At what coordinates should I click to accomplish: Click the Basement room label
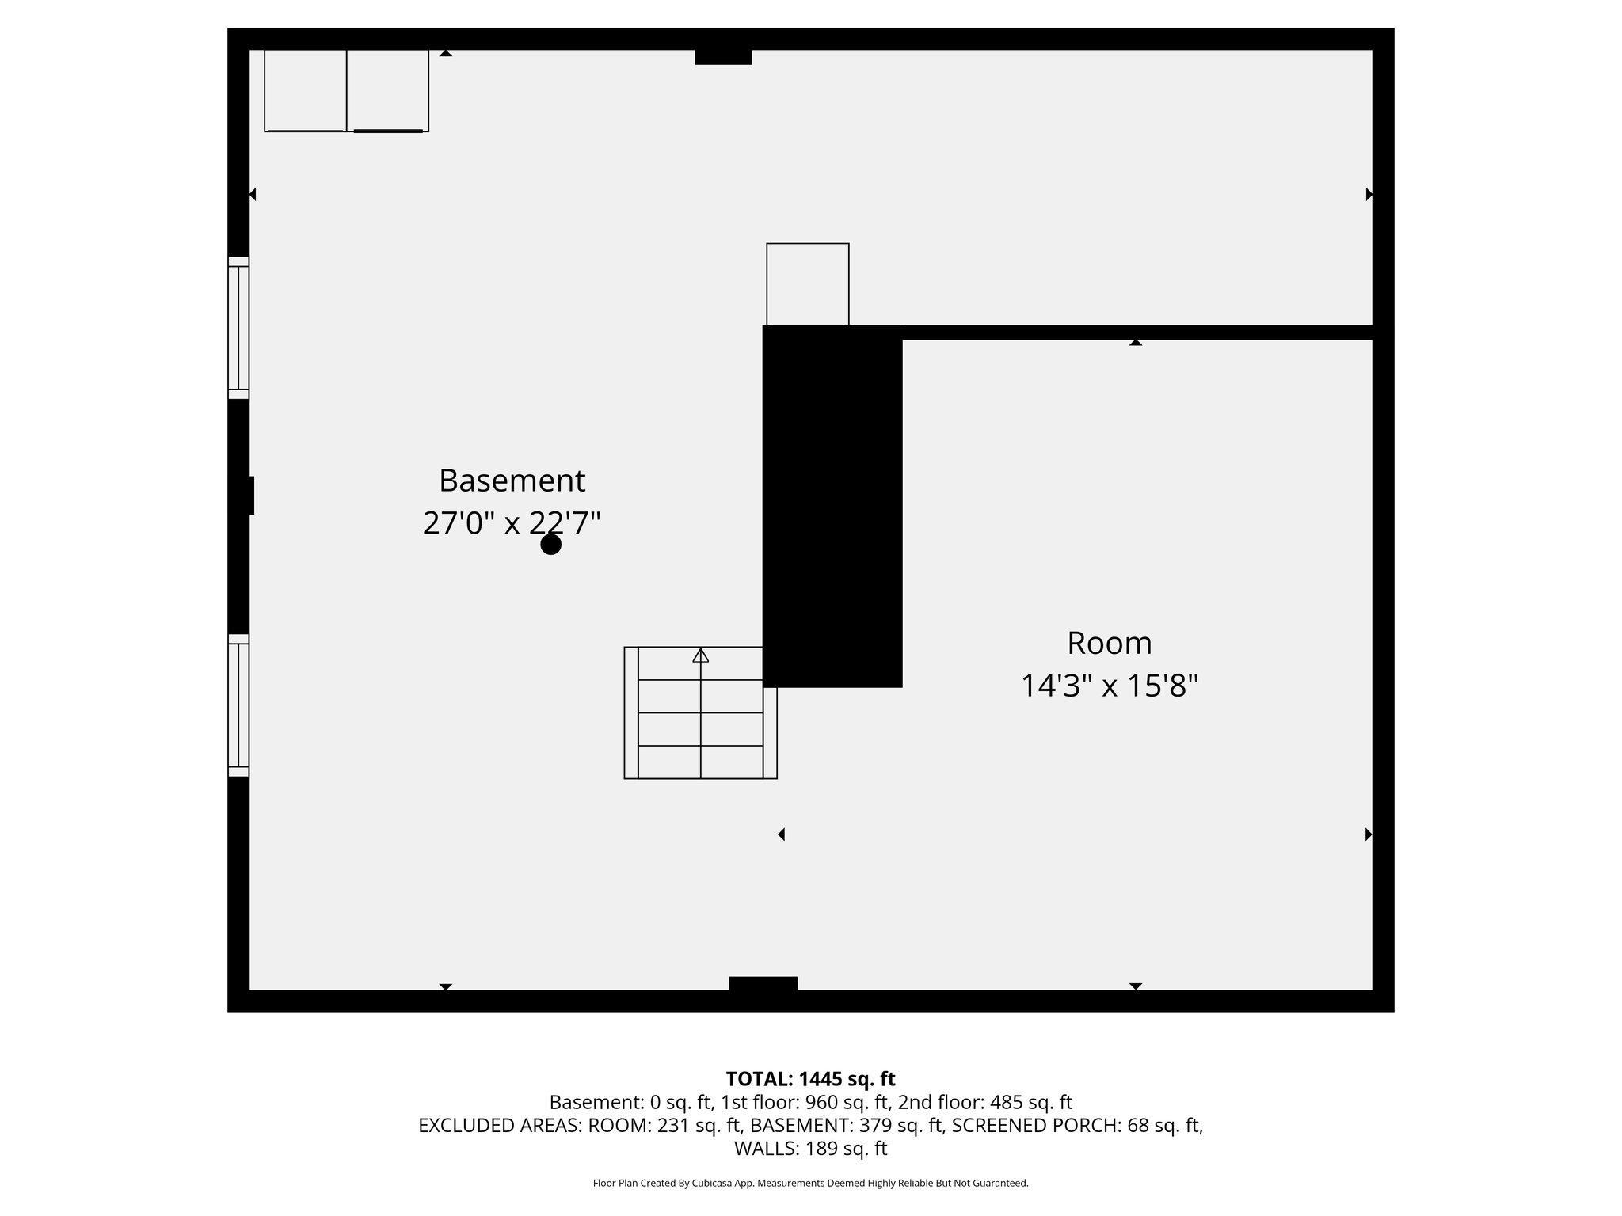point(512,481)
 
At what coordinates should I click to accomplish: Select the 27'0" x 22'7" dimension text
point(512,523)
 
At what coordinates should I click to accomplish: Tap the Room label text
point(1109,643)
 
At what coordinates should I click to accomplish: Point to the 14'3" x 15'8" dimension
point(1109,686)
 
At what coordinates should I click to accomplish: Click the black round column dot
point(550,545)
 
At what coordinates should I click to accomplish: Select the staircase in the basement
point(700,712)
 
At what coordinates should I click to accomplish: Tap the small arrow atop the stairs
point(700,655)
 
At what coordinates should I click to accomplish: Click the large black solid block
point(832,507)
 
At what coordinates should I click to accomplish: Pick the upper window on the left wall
point(238,328)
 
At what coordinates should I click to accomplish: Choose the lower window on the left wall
point(238,705)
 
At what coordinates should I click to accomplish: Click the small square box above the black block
point(808,284)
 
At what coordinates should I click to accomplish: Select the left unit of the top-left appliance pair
point(305,90)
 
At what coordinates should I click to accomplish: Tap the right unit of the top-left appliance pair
point(388,90)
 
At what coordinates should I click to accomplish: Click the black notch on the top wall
point(723,57)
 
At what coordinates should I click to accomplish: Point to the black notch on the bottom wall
point(763,984)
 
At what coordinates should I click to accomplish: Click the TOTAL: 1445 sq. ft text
point(810,1079)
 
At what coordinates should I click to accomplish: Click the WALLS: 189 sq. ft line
point(810,1148)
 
